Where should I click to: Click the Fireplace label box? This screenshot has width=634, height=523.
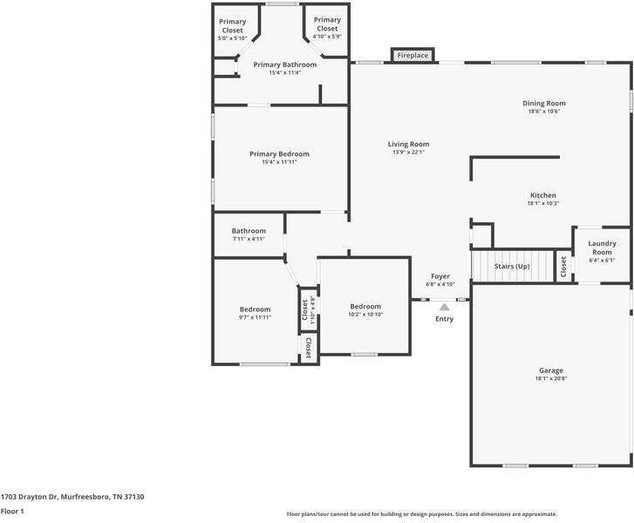pyautogui.click(x=412, y=56)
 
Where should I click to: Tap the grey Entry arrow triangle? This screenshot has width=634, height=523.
pyautogui.click(x=445, y=307)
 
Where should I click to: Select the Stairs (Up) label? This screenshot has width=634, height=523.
pyautogui.click(x=512, y=267)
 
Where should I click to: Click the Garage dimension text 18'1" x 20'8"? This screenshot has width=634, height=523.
pyautogui.click(x=551, y=378)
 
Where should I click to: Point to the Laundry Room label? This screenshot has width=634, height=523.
pyautogui.click(x=602, y=248)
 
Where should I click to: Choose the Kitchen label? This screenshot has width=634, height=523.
pyautogui.click(x=543, y=195)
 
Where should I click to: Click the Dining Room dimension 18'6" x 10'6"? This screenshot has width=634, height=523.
pyautogui.click(x=544, y=112)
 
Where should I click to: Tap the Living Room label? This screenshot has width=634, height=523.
pyautogui.click(x=408, y=145)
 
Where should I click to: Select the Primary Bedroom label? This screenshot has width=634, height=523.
pyautogui.click(x=279, y=154)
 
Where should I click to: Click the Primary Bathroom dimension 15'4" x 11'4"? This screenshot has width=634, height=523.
pyautogui.click(x=285, y=72)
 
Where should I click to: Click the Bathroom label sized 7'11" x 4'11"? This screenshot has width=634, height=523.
pyautogui.click(x=249, y=231)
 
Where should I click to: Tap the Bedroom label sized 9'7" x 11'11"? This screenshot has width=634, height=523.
pyautogui.click(x=256, y=309)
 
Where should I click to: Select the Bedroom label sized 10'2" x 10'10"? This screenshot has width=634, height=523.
pyautogui.click(x=365, y=306)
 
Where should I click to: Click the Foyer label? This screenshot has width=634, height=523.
pyautogui.click(x=440, y=276)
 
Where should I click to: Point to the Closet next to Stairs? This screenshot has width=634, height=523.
pyautogui.click(x=563, y=267)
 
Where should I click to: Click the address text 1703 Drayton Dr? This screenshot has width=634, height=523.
pyautogui.click(x=30, y=497)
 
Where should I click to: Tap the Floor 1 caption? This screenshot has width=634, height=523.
pyautogui.click(x=12, y=512)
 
